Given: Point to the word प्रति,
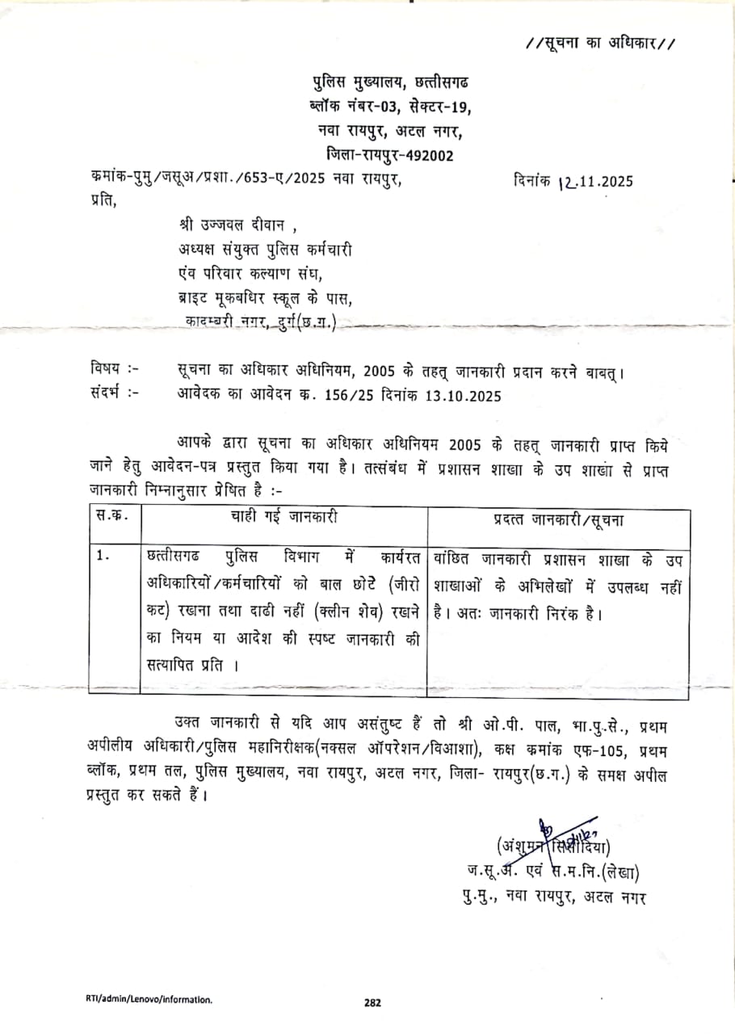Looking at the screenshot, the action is tap(104, 202).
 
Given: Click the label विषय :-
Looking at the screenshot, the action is tap(114, 369).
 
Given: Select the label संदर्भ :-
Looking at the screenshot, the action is tap(114, 394).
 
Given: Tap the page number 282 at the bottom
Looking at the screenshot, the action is tap(372, 1002).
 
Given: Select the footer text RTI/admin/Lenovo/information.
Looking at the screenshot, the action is tap(149, 999).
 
